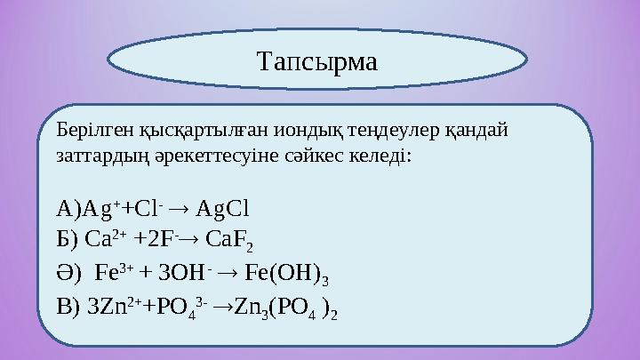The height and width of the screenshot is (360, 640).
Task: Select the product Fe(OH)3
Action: (x=299, y=271)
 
